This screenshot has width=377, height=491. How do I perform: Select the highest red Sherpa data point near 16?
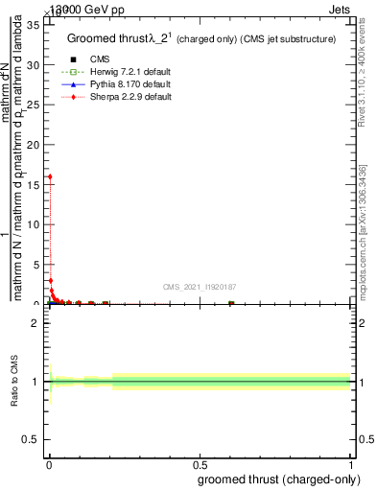pos(49,176)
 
